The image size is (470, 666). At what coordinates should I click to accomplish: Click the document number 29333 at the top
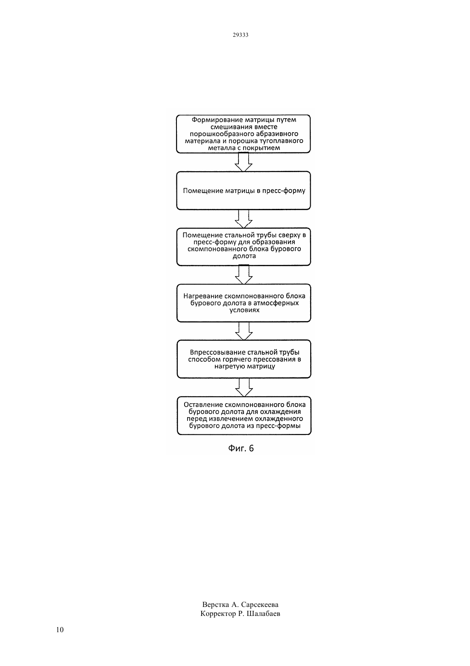tap(240, 35)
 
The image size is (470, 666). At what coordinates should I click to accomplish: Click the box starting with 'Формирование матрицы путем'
tap(243, 134)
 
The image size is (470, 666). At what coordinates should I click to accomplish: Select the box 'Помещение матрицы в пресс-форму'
tap(243, 190)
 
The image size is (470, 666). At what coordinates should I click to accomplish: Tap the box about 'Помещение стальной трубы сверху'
tap(244, 247)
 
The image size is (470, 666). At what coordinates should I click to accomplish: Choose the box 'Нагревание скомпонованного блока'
tap(244, 303)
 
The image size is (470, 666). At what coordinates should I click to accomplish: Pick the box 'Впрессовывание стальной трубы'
tap(244, 359)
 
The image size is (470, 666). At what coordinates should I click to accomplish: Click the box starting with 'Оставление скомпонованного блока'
tap(244, 416)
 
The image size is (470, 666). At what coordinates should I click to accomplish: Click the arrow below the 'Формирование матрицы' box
tap(244, 162)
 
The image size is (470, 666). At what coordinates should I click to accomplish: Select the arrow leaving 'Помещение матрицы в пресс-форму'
tap(244, 219)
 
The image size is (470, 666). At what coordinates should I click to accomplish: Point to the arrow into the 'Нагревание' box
tap(244, 275)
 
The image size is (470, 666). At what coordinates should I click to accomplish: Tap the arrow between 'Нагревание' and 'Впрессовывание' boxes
tap(244, 331)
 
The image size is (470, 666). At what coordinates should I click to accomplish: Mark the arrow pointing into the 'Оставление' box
tap(244, 387)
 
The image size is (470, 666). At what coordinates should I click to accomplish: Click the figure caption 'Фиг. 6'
tap(241, 449)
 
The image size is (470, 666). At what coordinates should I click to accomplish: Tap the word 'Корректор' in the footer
tap(218, 614)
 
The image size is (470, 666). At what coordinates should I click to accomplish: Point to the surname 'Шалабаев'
tap(264, 614)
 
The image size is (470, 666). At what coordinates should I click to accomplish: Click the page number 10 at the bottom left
tap(60, 630)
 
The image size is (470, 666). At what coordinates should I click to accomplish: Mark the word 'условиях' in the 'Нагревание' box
tap(244, 310)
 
